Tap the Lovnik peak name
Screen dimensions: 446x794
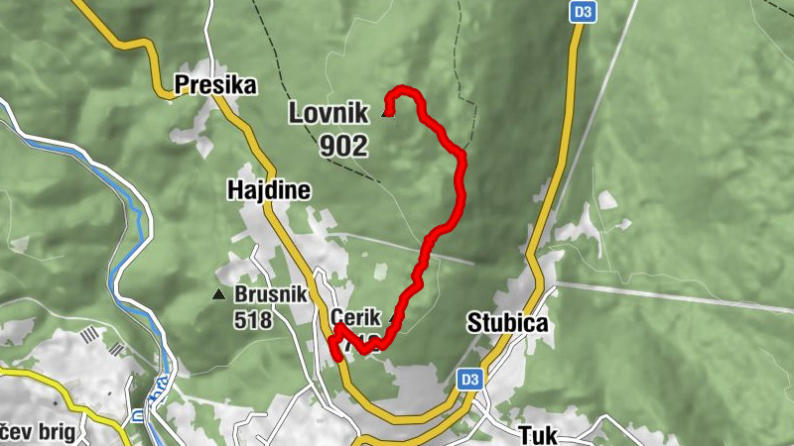pos(328,112)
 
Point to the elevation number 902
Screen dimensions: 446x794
pos(343,147)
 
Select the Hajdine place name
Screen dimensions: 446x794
pos(268,190)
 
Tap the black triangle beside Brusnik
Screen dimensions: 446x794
pos(218,294)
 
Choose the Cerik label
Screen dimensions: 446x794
pos(354,317)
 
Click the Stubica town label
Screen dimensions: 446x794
pos(507,323)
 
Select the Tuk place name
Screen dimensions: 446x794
pos(539,434)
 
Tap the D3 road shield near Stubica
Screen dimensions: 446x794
pos(469,379)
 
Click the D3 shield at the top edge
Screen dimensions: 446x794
pos(582,12)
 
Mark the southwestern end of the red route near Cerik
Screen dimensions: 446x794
pos(334,355)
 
